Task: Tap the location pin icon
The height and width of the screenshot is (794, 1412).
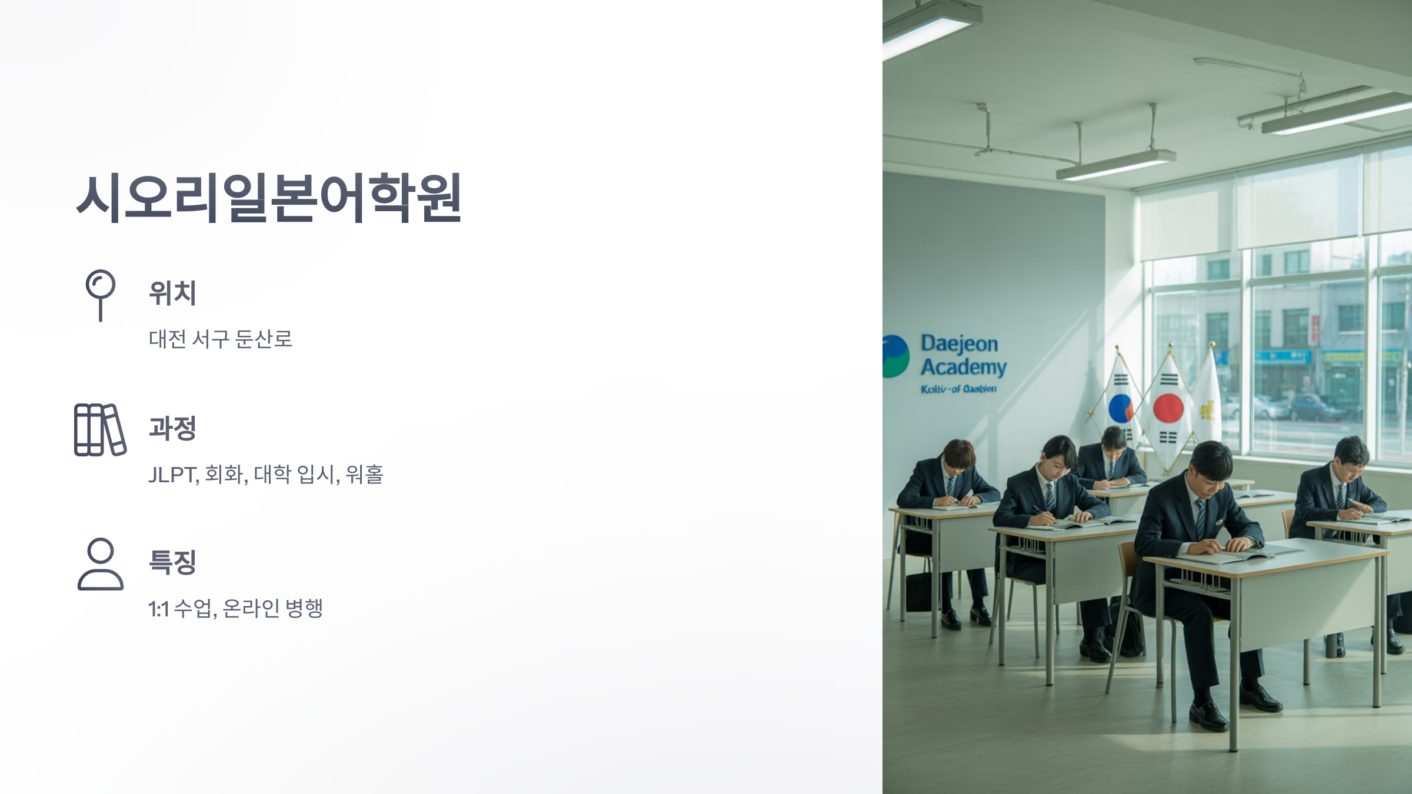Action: click(x=101, y=294)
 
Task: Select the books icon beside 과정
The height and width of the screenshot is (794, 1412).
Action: click(x=100, y=429)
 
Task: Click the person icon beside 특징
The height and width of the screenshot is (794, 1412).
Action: click(x=101, y=563)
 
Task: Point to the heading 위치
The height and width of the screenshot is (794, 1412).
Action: click(x=172, y=293)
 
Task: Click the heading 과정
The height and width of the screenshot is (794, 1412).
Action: click(x=172, y=428)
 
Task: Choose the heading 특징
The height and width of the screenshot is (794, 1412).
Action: click(x=172, y=562)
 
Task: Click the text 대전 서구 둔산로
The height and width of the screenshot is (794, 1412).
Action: click(x=221, y=339)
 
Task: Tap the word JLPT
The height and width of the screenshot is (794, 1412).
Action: click(x=172, y=475)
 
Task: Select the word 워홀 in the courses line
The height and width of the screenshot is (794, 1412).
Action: click(x=364, y=474)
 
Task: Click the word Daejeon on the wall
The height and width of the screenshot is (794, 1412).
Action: click(x=959, y=343)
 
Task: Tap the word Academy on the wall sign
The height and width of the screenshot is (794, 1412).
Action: click(x=964, y=368)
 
